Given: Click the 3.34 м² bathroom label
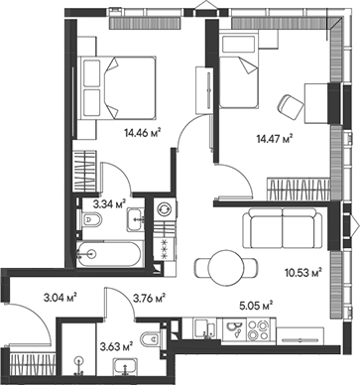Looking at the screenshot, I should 108,205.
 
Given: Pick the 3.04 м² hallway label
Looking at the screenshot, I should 61,295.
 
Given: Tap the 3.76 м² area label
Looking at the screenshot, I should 148,295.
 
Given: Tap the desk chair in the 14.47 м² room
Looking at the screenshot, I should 292,104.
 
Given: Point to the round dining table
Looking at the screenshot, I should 215,266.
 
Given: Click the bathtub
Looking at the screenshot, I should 105,253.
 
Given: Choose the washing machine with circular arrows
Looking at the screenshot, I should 163,211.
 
